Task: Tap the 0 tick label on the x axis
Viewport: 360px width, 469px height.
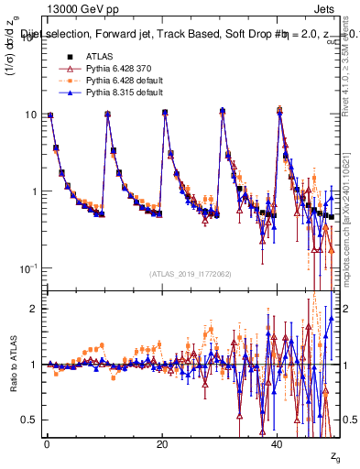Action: (x=46, y=444)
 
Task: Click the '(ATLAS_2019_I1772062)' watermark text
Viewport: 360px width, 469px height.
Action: (x=191, y=274)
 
